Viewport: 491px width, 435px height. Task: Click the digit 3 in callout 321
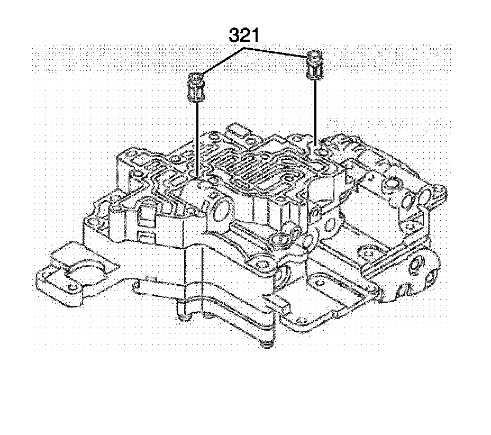click(235, 37)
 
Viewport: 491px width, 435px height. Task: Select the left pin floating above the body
click(196, 88)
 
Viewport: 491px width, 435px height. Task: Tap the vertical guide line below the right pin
click(315, 111)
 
